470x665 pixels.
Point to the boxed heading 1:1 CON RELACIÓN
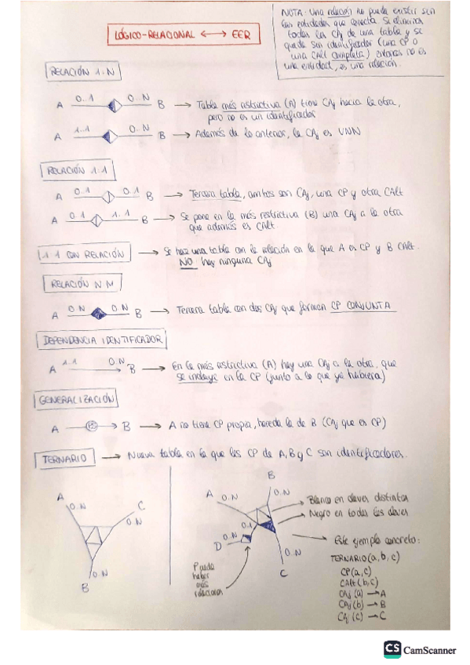[x=82, y=254]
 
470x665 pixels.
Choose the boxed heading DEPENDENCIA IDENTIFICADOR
[x=100, y=340]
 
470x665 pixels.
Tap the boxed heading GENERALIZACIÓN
[x=76, y=399]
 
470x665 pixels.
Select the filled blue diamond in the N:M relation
[x=98, y=314]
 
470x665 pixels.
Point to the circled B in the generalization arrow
[x=91, y=427]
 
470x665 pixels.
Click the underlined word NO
[x=185, y=263]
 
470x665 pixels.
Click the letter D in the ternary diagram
[x=217, y=545]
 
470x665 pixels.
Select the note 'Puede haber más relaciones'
[x=206, y=579]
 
